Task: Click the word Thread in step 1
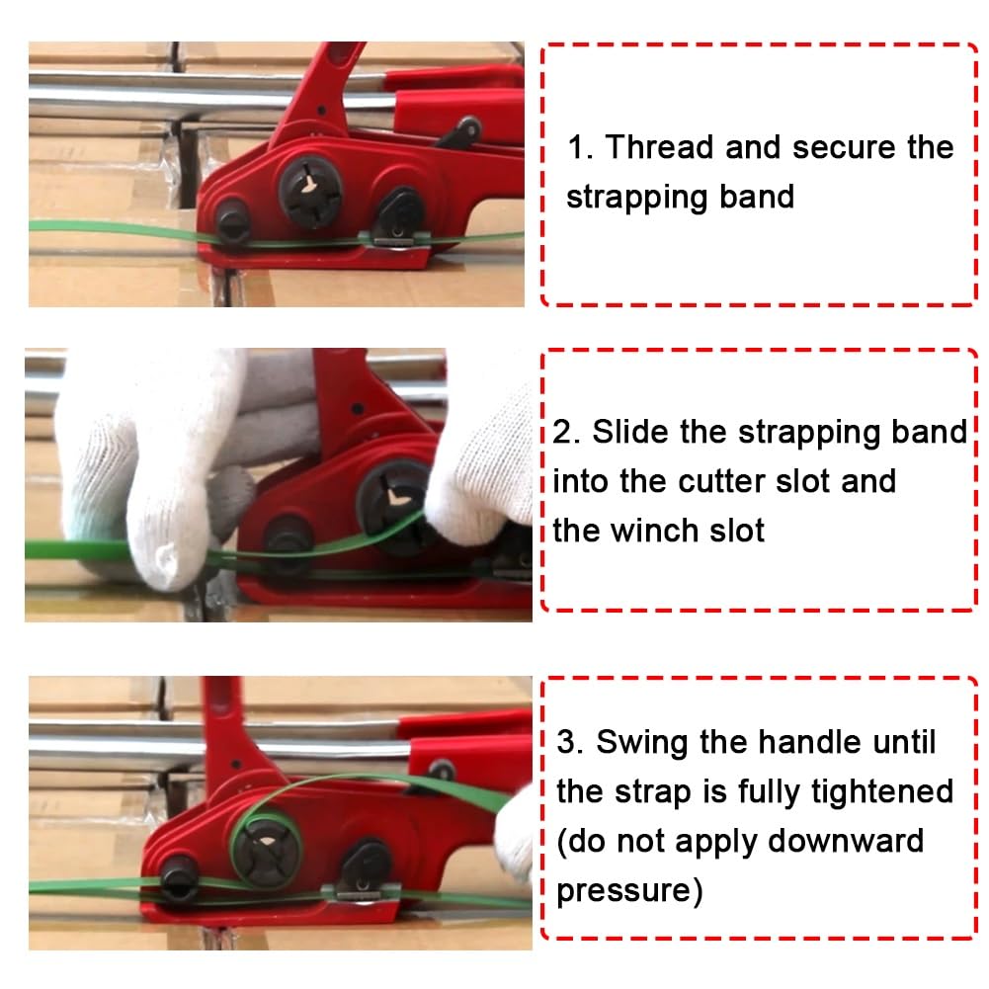660,147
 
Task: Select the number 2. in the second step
566,433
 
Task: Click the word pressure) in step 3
629,891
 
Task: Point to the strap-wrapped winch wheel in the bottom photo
267,849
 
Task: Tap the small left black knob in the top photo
232,221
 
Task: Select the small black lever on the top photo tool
459,132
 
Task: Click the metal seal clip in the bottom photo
361,892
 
